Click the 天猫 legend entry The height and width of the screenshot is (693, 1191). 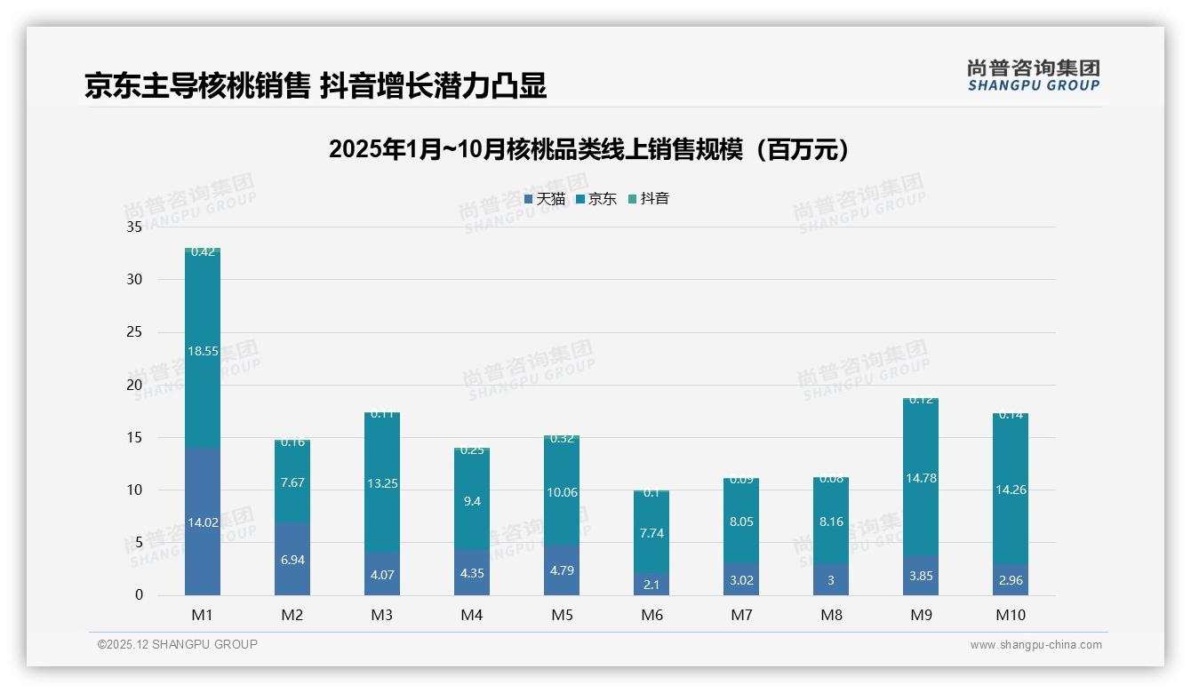(x=545, y=199)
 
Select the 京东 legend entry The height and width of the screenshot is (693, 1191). (x=596, y=199)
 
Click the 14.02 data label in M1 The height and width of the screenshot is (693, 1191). (x=203, y=522)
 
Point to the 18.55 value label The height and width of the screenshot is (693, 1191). (x=203, y=351)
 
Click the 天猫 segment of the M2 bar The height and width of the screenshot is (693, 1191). (x=292, y=559)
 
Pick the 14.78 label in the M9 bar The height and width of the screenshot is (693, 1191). (x=921, y=478)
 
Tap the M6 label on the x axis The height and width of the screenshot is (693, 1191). (x=651, y=615)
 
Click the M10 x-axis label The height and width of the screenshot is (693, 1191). (x=1011, y=615)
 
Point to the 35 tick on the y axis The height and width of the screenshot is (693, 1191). (x=134, y=227)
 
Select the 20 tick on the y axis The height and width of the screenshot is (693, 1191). (x=134, y=385)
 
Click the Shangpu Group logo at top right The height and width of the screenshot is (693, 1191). (x=1033, y=75)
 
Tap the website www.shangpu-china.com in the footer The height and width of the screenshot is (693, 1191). (x=1035, y=645)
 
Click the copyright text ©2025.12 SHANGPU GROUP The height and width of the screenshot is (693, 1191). (x=178, y=645)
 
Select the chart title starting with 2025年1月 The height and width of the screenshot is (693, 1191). (x=588, y=149)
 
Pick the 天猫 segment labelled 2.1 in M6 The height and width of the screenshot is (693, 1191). (x=651, y=584)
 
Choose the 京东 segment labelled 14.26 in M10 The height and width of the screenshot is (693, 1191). (x=1011, y=489)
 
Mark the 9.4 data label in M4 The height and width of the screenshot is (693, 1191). (x=472, y=501)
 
